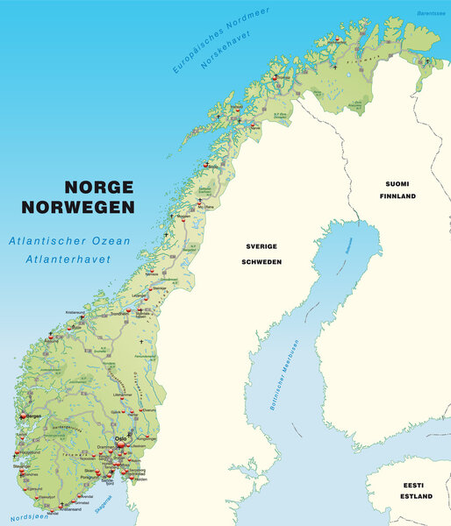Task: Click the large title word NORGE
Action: point(97,188)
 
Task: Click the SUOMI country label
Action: point(397,183)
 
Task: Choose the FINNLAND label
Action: point(397,196)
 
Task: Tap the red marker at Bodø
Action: point(205,164)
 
